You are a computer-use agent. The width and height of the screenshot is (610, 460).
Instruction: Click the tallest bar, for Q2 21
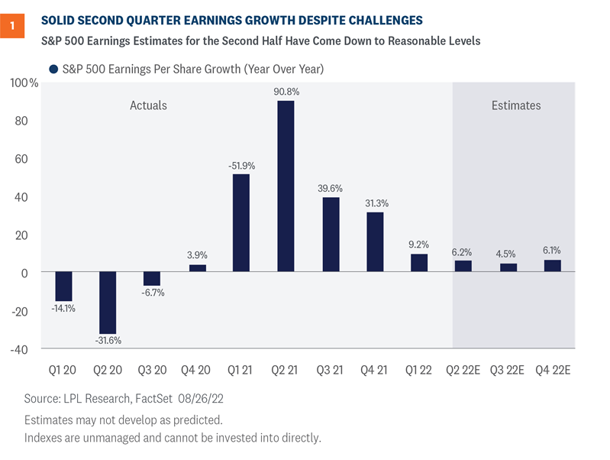(x=285, y=186)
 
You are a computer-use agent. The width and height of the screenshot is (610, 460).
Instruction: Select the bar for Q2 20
(x=108, y=301)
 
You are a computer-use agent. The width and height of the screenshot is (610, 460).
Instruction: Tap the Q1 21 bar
(x=240, y=222)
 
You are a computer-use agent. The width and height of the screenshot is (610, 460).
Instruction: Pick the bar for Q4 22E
(x=552, y=266)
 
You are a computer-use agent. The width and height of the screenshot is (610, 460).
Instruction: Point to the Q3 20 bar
(x=152, y=279)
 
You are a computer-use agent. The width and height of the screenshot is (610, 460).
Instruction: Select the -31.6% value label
(x=108, y=341)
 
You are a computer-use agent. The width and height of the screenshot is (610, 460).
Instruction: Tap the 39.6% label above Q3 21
(x=330, y=188)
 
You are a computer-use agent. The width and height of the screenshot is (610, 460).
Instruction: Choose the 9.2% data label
(x=418, y=245)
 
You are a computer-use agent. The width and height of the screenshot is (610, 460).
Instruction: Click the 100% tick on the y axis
(x=23, y=83)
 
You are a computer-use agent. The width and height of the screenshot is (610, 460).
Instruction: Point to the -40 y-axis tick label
(x=23, y=350)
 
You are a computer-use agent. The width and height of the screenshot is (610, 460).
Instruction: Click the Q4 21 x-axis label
(x=374, y=370)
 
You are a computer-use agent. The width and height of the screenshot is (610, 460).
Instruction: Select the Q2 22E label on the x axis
(x=463, y=370)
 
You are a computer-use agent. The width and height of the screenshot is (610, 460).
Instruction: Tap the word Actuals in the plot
(x=148, y=105)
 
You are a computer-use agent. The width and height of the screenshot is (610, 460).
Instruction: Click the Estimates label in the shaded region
(x=515, y=105)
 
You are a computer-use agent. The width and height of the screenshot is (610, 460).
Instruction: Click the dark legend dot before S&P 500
(x=54, y=69)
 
